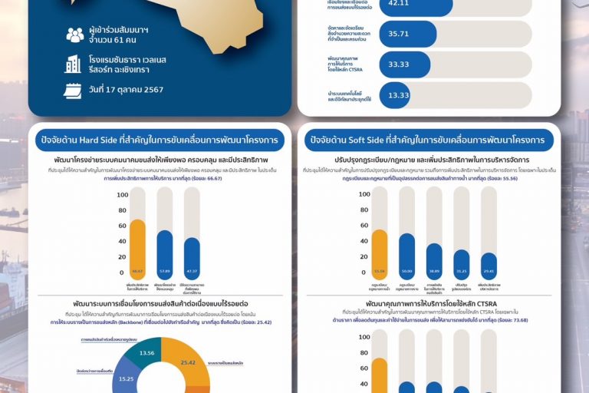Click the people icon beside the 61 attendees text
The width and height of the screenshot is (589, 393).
[74, 35]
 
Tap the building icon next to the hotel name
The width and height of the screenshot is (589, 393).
[74, 63]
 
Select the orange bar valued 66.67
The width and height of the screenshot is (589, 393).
[137, 248]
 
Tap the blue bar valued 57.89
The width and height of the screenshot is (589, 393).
[165, 254]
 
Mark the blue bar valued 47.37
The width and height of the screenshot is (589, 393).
[192, 259]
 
